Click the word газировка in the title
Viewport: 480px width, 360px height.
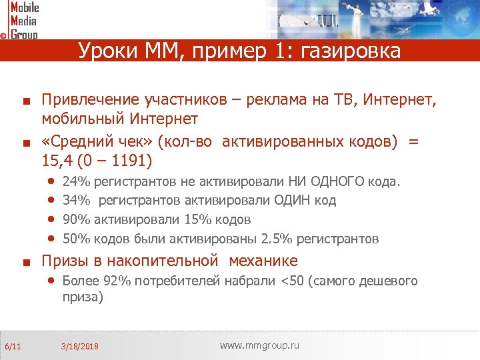(357, 51)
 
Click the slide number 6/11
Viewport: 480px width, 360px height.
(13, 346)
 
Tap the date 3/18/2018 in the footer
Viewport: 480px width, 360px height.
(79, 347)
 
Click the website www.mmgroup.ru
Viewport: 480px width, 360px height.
(259, 345)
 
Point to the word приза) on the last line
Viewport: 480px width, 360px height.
(83, 298)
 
